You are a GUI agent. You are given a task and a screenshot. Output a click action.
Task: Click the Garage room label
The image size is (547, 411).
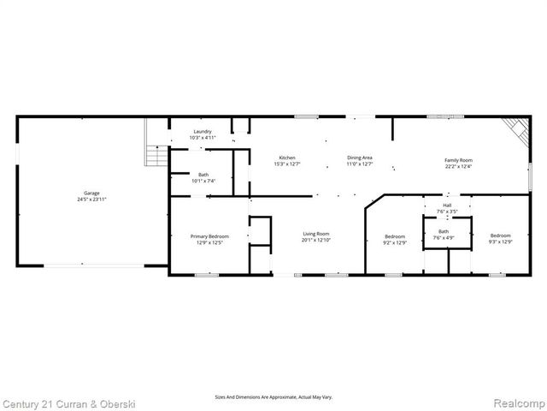91,193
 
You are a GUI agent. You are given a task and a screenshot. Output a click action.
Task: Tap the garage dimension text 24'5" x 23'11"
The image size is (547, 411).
91,199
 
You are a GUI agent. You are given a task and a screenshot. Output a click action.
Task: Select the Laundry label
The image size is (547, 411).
203,131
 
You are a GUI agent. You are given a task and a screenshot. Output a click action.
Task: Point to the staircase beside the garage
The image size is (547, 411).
156,155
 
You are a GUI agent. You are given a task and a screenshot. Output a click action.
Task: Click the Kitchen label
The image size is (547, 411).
287,158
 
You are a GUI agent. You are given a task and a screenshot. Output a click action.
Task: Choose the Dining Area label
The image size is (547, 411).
359,158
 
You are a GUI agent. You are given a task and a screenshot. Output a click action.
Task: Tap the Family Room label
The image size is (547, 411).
458,160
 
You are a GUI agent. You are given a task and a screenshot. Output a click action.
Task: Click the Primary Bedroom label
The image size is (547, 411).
209,236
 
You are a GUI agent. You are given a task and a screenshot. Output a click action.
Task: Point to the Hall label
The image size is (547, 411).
443,205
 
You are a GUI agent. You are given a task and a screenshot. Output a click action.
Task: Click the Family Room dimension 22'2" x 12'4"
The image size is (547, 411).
458,166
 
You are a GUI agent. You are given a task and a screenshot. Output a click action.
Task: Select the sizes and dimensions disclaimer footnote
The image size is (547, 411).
273,397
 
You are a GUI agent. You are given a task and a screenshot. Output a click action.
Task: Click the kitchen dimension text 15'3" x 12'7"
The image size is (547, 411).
287,164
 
